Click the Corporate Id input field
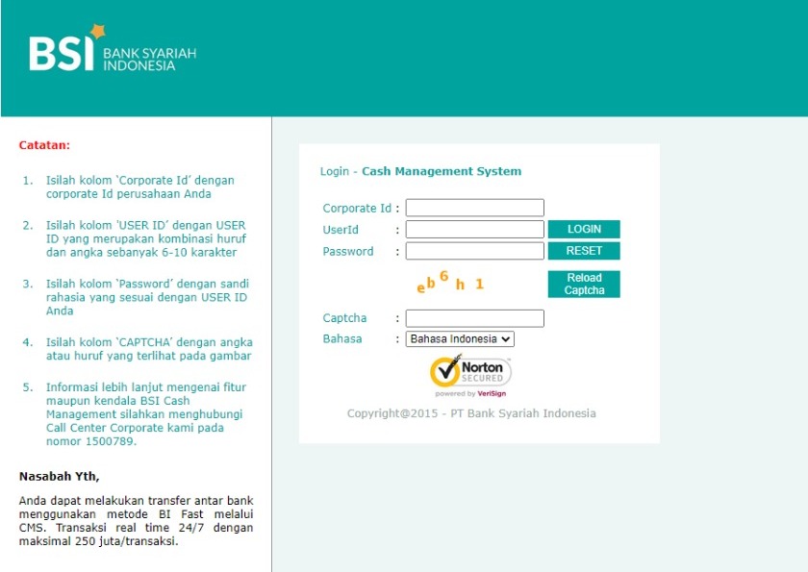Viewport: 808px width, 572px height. (474, 208)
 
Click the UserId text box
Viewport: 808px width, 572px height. (474, 229)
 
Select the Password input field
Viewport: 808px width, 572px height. (474, 251)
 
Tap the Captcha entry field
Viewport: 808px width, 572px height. (474, 318)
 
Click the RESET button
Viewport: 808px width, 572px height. (584, 251)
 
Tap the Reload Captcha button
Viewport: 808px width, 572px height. (584, 284)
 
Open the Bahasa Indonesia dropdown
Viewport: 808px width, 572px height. (460, 338)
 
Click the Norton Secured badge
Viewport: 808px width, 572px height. (470, 372)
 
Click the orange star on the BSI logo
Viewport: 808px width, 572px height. (97, 32)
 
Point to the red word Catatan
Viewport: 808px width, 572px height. (44, 145)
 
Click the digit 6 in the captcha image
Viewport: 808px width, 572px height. (443, 276)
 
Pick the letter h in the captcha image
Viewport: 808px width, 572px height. (460, 285)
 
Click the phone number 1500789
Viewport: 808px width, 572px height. (111, 441)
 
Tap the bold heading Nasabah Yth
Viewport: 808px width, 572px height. (60, 476)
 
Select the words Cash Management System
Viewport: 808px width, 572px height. (442, 171)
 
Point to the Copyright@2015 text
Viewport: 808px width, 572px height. (392, 413)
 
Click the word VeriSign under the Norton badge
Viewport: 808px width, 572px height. (492, 394)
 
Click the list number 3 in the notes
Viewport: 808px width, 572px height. (27, 284)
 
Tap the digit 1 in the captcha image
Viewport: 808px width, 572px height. (480, 284)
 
